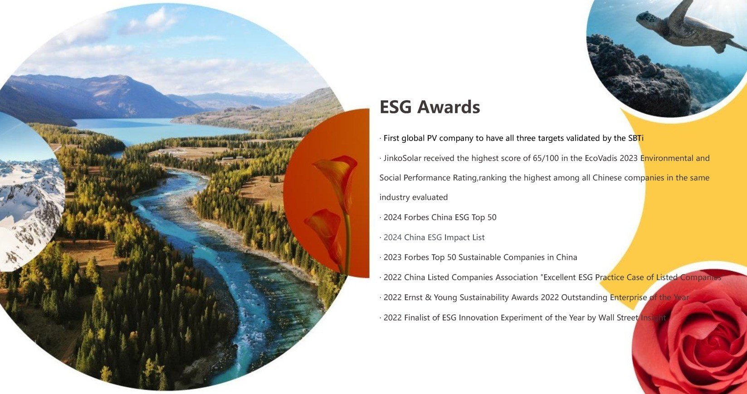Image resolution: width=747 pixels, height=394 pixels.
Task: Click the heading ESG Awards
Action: click(430, 107)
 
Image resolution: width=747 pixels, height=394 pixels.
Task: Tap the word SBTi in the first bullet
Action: click(635, 138)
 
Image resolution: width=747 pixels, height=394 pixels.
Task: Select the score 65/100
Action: click(546, 158)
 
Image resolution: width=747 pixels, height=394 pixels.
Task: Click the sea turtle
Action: click(687, 27)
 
